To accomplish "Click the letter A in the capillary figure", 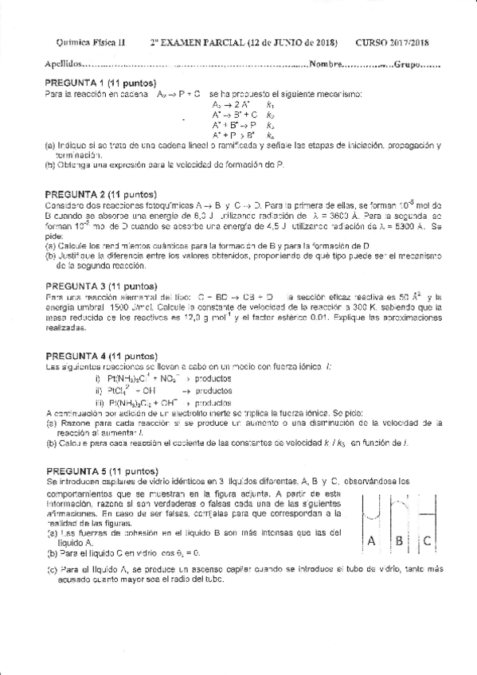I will click(x=371, y=541).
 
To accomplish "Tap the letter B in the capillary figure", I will click(x=398, y=541).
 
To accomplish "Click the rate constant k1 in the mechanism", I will click(x=272, y=105).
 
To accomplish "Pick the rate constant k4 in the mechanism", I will click(x=272, y=135).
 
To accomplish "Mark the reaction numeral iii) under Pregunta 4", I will click(x=100, y=403).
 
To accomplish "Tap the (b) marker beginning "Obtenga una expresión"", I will click(x=50, y=164).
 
